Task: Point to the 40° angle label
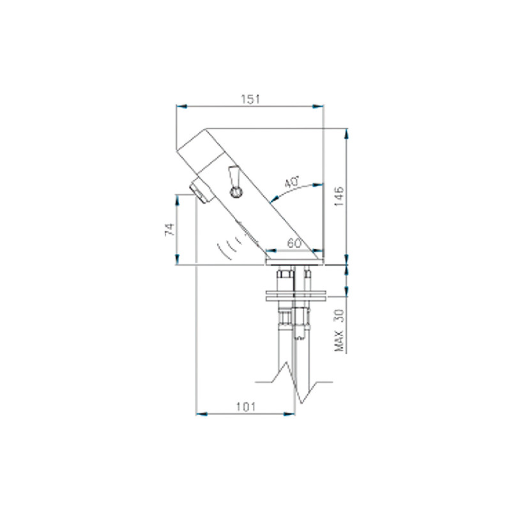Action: click(x=292, y=182)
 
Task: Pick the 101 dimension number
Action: click(x=246, y=406)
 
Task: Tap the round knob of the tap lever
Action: click(x=235, y=191)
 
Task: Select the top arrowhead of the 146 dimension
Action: click(x=347, y=133)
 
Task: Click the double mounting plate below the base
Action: click(x=297, y=295)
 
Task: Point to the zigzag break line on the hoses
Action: click(x=295, y=381)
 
